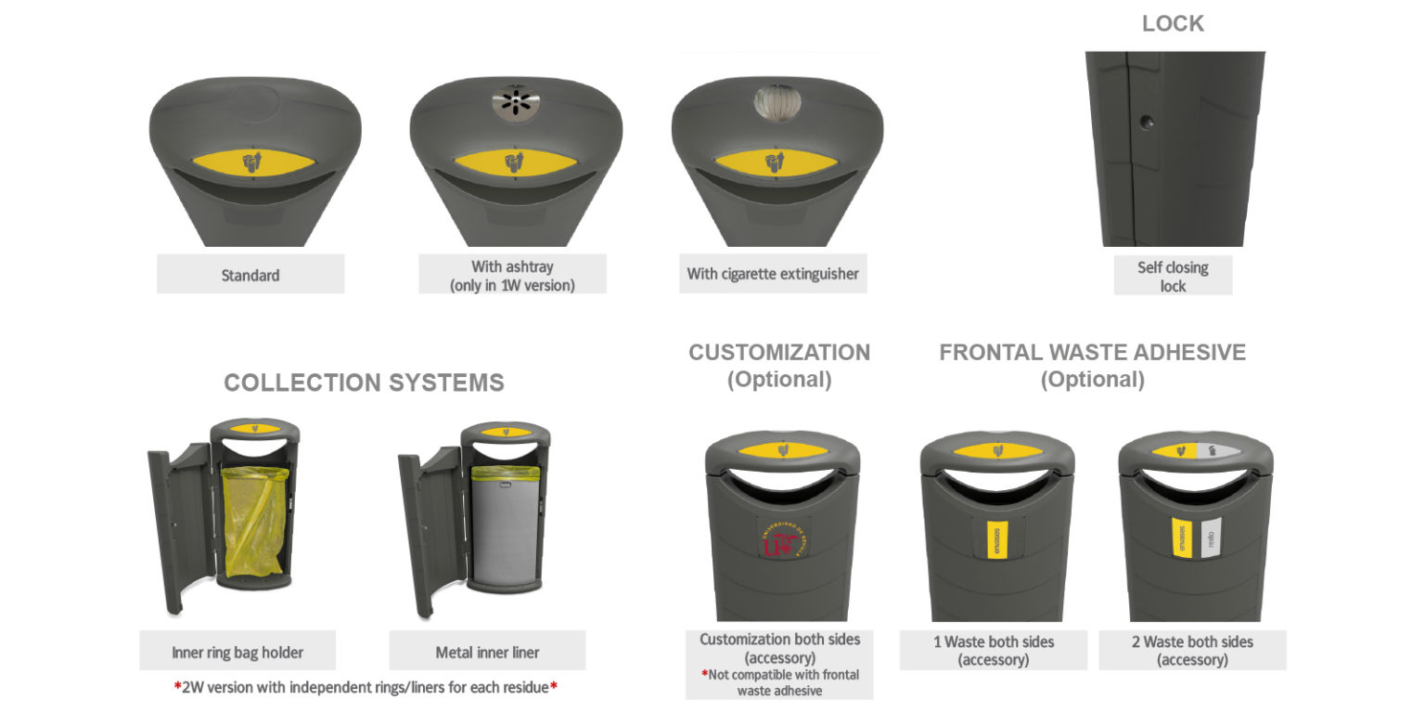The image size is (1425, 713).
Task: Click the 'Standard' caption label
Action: click(x=250, y=275)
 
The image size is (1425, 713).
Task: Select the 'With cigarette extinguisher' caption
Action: click(x=773, y=274)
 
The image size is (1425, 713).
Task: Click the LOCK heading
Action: click(x=1173, y=24)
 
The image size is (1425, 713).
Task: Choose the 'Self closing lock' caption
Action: click(x=1173, y=277)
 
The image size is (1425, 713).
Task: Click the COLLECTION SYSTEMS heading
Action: click(x=364, y=382)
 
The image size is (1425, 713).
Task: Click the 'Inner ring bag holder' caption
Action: click(x=237, y=652)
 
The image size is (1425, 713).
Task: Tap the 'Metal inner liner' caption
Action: click(x=487, y=652)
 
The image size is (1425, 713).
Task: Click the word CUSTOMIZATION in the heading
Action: click(x=779, y=353)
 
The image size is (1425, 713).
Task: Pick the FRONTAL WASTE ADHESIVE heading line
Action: click(x=1092, y=353)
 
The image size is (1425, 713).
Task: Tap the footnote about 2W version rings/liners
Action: click(x=366, y=688)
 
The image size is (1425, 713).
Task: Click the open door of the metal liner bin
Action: click(x=417, y=529)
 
